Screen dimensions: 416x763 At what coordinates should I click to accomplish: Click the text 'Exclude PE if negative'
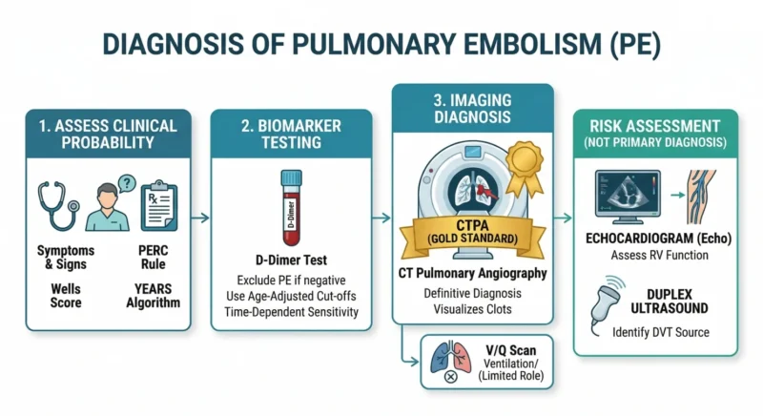(291, 278)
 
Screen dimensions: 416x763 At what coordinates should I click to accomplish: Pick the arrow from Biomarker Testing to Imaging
(382, 218)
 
